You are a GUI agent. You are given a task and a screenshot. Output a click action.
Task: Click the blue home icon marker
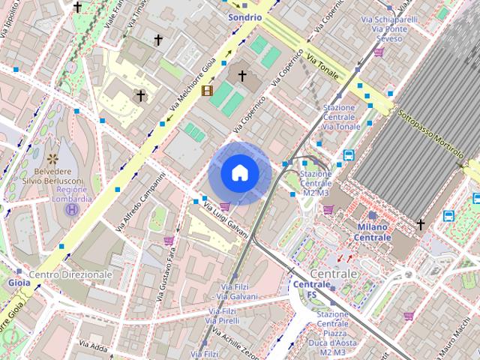[x=240, y=173]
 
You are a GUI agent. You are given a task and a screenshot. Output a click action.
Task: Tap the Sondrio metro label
[x=245, y=16]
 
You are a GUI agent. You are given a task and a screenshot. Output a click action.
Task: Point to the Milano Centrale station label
[x=372, y=232]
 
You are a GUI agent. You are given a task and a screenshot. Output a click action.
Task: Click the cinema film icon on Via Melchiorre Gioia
[x=206, y=91]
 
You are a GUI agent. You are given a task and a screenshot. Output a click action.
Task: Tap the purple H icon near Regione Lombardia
[x=71, y=210]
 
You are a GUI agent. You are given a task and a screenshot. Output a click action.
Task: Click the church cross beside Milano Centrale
[x=421, y=223]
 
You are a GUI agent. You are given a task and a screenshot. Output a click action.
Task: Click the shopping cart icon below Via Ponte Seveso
[x=379, y=52]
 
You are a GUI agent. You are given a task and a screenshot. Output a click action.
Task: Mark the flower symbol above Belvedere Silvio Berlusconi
[x=52, y=158]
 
